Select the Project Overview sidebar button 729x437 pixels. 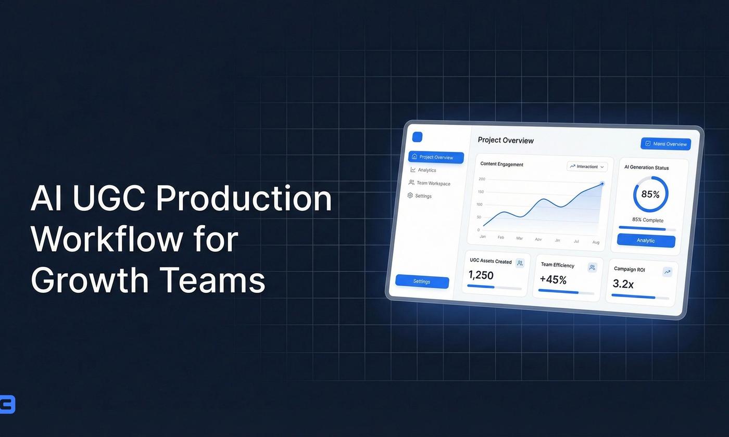(x=436, y=157)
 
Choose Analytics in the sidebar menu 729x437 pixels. (x=426, y=170)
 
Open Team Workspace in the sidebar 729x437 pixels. (x=433, y=183)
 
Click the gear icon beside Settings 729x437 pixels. (x=410, y=196)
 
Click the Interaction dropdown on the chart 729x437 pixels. (x=587, y=166)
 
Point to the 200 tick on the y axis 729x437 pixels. (x=482, y=179)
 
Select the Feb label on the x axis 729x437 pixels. (x=501, y=237)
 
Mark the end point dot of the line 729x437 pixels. (x=602, y=184)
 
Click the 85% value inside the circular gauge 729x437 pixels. (x=650, y=195)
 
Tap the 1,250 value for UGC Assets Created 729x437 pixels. (x=481, y=275)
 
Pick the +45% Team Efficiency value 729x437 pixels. (x=553, y=280)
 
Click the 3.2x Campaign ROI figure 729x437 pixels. (x=623, y=284)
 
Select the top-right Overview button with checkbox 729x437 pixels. (x=665, y=144)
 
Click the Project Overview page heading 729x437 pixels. (x=506, y=140)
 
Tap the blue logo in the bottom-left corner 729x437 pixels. (x=7, y=405)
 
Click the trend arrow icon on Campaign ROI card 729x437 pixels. (x=667, y=272)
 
